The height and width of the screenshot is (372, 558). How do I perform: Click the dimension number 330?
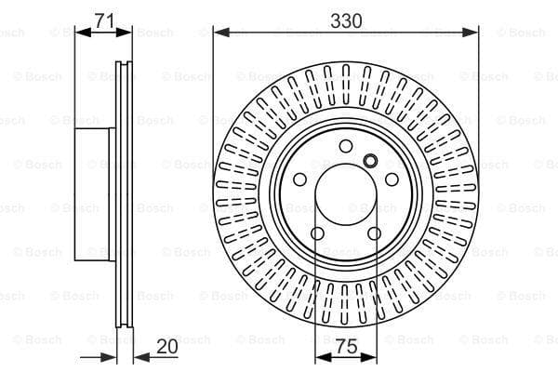pos(346,21)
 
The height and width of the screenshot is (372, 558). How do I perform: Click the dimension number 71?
pos(104,20)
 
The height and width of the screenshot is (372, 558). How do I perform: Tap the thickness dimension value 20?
pos(166,346)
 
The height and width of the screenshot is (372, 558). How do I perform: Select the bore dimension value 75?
pos(346,346)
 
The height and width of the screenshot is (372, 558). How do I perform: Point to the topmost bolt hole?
pos(346,146)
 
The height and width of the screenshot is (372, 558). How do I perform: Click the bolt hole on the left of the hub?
pos(299,179)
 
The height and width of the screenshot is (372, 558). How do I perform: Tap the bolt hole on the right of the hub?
pos(392,179)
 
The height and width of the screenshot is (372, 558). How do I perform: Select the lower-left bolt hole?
pos(317,233)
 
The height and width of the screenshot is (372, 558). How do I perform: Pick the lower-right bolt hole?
pos(374,233)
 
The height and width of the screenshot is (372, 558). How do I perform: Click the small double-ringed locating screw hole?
pos(370,161)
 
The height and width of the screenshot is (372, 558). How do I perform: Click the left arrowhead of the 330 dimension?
pos(221,33)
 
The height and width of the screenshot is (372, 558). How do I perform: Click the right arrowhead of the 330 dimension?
pos(471,33)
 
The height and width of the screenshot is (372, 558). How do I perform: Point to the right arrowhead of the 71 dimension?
pos(124,33)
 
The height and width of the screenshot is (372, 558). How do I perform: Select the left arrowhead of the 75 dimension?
pos(324,357)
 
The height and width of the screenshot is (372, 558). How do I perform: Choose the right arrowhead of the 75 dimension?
pos(368,357)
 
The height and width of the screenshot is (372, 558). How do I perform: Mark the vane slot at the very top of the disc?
pos(346,85)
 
